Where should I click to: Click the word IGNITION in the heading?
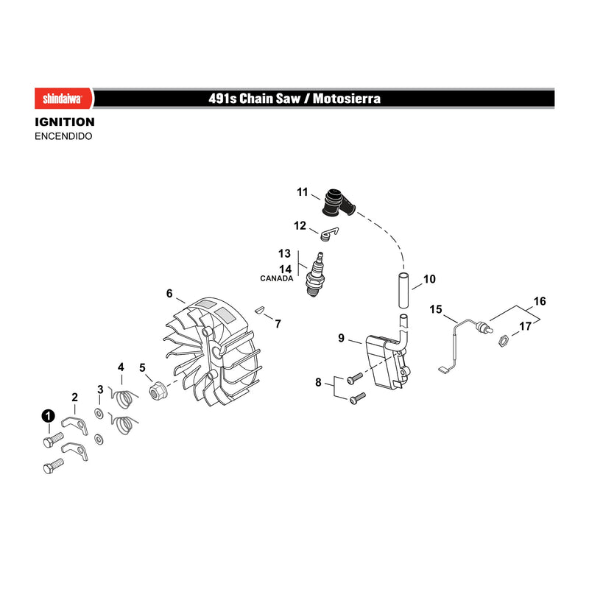coord(65,122)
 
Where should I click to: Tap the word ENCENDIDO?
coord(63,136)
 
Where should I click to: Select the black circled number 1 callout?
coord(48,416)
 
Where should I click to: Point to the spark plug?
coord(315,274)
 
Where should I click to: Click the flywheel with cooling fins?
coord(212,352)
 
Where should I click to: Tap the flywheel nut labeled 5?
coord(157,390)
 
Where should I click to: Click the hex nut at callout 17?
coord(503,340)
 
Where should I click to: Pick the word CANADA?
coord(277,278)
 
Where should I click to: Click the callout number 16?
coord(540,301)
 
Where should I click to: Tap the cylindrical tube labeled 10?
coord(403,290)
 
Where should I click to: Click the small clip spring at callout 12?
coord(329,233)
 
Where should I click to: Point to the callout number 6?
coord(169,293)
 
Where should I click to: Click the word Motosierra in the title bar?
coord(346,99)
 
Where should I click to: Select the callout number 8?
coord(318,382)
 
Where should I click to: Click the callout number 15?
coord(436,309)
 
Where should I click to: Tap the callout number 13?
coord(284,253)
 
